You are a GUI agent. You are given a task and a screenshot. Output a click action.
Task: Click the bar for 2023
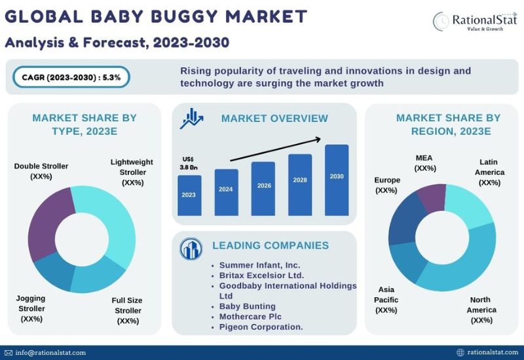click(189, 195)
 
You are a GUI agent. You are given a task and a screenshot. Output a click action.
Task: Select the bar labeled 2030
click(337, 180)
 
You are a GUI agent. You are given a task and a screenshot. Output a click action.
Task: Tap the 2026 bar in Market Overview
click(263, 189)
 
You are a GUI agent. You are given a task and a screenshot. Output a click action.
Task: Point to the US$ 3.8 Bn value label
click(189, 163)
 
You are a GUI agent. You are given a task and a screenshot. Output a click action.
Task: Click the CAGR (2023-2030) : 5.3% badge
click(71, 77)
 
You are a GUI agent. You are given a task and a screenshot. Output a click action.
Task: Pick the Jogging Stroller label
click(31, 308)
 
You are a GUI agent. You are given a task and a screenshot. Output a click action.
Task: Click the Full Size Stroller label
click(127, 310)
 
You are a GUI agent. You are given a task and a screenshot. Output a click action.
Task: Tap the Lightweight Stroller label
click(132, 172)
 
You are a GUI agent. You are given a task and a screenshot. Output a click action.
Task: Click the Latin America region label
click(489, 172)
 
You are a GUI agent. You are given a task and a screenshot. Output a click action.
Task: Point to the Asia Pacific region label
click(386, 300)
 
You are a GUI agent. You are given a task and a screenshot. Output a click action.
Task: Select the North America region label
click(481, 310)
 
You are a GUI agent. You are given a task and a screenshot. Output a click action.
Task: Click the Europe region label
click(387, 185)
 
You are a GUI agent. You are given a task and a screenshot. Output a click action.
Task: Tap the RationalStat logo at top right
click(475, 21)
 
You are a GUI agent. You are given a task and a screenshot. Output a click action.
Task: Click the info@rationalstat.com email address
click(50, 353)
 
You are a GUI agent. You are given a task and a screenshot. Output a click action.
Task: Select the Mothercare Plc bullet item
click(250, 317)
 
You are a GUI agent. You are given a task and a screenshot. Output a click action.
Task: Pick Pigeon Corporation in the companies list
click(261, 327)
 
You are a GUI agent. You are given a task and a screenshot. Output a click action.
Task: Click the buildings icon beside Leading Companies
click(191, 249)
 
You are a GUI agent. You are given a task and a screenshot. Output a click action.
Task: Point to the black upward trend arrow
click(276, 149)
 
